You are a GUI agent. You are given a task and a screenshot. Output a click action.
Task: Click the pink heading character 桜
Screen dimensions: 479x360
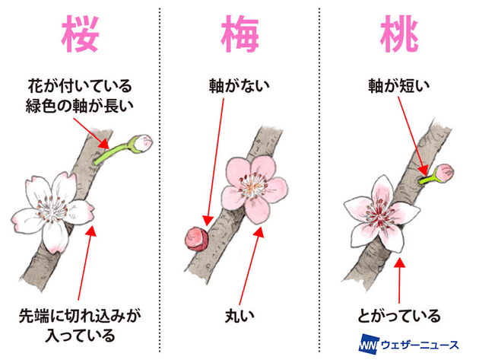[81, 33]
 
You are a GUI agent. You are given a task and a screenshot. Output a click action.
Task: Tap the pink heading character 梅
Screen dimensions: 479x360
[239, 33]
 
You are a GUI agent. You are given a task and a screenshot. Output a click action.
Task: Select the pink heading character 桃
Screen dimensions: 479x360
[399, 33]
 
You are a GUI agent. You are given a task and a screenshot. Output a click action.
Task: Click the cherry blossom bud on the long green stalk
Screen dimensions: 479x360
[143, 143]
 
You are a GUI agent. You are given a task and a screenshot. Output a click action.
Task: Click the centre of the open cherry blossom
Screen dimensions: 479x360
[52, 210]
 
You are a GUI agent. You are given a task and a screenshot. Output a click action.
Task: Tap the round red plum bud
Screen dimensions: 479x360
[196, 239]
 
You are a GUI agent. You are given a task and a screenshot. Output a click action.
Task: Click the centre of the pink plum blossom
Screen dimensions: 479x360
[253, 185]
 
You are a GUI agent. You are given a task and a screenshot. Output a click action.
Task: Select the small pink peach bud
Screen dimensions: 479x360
[444, 174]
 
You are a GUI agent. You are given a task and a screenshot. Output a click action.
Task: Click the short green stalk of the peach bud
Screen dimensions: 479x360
[428, 179]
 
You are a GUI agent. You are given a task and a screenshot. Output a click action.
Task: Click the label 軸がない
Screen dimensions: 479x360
[239, 85]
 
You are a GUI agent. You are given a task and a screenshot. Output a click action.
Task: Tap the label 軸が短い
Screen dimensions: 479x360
[398, 85]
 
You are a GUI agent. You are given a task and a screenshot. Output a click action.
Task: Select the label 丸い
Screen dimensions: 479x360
[239, 316]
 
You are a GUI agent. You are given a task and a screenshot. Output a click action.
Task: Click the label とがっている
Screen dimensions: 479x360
[399, 316]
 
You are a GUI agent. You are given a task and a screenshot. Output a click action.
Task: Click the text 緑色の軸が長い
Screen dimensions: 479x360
[80, 106]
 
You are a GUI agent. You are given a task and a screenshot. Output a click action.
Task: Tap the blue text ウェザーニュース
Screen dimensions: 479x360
[420, 345]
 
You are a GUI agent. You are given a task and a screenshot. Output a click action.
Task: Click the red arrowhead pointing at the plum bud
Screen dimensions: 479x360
[208, 220]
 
